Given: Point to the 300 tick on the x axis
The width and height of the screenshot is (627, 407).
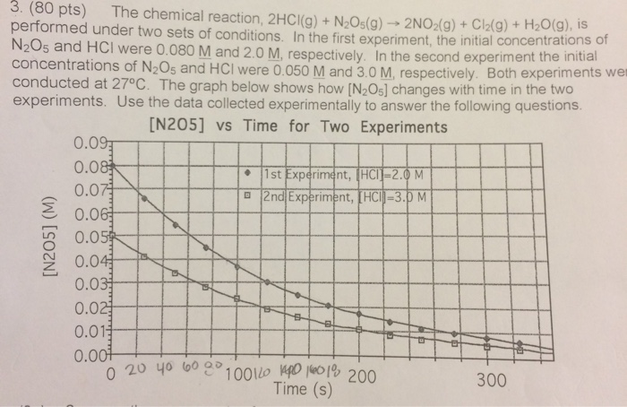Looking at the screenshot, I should point(491,378).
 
